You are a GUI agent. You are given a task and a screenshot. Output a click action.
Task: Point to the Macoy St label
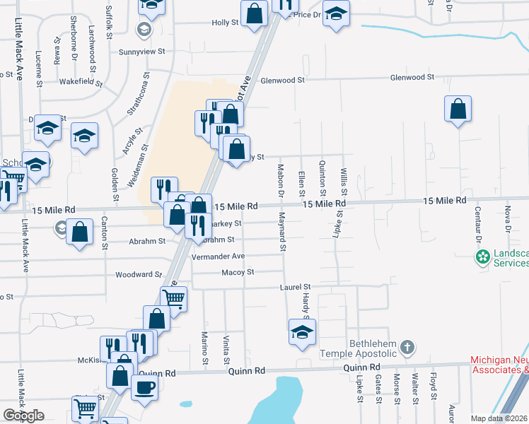point(238,272)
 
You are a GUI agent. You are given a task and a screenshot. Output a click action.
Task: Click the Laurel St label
point(296,287)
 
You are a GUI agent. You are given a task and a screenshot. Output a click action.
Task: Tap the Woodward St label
point(139,274)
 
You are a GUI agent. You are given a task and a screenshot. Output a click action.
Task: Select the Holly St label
point(225,23)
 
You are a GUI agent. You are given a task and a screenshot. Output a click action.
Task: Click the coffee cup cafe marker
point(146,387)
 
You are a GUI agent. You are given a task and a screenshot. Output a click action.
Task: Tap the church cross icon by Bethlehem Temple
point(406,346)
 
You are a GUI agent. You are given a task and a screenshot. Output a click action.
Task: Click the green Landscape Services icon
point(483,257)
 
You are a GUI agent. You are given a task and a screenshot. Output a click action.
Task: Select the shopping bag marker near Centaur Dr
point(458,109)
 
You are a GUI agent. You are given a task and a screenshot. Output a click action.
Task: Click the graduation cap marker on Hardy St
point(303,331)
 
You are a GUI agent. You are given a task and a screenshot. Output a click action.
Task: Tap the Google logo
point(23,416)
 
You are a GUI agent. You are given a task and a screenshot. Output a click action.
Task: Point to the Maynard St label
point(281,231)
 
